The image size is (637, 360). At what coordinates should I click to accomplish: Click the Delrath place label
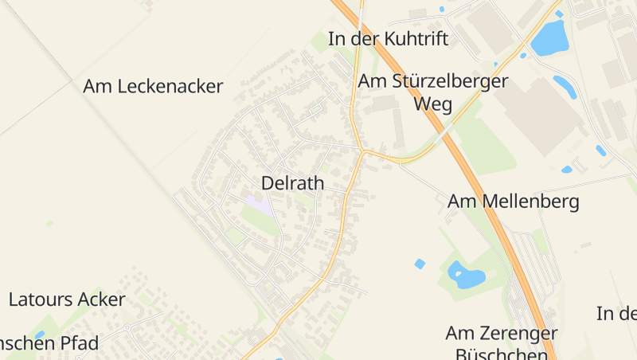click(292, 183)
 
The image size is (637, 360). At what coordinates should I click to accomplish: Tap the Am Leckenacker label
click(153, 87)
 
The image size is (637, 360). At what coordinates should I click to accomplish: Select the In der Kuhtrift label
click(389, 38)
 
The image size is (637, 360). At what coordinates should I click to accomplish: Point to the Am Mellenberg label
click(513, 202)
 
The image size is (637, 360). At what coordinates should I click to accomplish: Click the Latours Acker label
click(67, 299)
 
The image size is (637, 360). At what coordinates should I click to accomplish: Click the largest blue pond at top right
click(549, 38)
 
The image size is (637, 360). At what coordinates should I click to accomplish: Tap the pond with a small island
click(466, 276)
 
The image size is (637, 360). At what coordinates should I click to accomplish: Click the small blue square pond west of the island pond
click(420, 264)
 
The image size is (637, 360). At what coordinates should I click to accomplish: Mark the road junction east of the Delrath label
click(363, 150)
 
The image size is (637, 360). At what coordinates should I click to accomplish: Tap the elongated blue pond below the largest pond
click(565, 86)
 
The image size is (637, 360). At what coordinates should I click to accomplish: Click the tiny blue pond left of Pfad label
click(39, 335)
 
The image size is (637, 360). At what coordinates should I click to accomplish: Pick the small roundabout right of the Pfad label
click(126, 327)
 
